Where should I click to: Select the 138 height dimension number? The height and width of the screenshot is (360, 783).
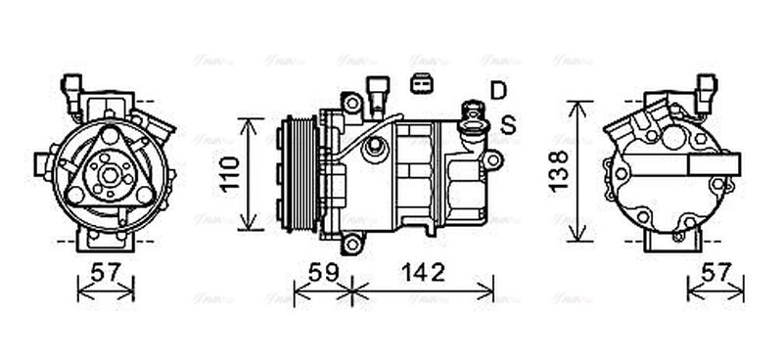click(x=559, y=172)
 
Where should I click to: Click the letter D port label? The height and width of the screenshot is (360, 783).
click(x=499, y=91)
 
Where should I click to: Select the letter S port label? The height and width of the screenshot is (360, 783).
click(x=507, y=124)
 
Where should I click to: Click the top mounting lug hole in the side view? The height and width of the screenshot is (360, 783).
click(x=349, y=100)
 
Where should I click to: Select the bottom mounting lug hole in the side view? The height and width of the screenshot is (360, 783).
click(x=348, y=241)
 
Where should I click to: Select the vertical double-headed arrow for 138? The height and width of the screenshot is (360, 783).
click(x=581, y=171)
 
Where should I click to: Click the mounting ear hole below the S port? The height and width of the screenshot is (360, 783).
click(x=493, y=158)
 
